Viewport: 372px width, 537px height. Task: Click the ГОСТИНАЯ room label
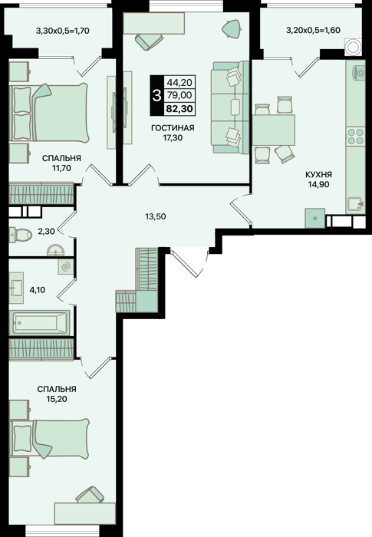pos(173,128)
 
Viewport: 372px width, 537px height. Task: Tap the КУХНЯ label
pos(318,175)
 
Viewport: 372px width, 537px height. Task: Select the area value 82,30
pos(179,109)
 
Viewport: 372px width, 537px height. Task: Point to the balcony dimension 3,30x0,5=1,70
pos(63,31)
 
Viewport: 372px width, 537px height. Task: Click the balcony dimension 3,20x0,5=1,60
pos(313,30)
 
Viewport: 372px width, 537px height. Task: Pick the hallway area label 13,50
pos(155,216)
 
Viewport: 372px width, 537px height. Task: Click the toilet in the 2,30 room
pos(21,235)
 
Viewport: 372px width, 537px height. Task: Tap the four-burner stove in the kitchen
pos(355,137)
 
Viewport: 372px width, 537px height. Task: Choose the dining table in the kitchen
pos(274,130)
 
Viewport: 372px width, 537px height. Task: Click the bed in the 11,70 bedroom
pos(48,113)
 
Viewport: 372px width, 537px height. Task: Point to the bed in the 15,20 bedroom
pos(49,438)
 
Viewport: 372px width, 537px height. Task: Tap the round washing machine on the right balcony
pos(353,48)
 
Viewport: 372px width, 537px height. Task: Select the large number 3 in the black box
pos(157,96)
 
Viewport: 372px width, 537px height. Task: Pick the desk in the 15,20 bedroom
pos(85,513)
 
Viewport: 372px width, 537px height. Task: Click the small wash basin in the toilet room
pos(54,250)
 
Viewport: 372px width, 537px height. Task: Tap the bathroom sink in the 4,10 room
pos(16,288)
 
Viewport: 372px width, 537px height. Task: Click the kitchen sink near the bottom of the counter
pos(356,205)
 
